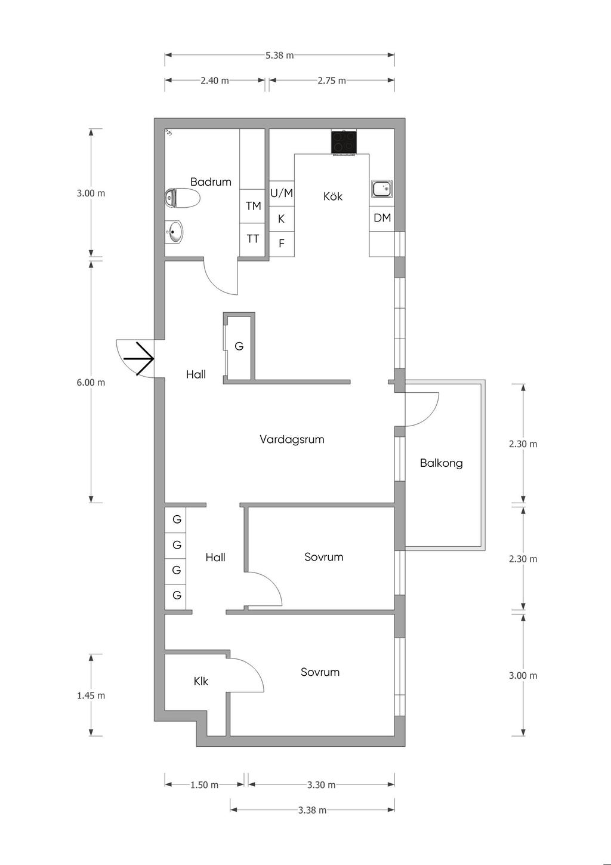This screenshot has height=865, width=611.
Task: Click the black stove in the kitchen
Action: pos(344,142)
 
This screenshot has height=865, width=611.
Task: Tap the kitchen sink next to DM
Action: pos(382,189)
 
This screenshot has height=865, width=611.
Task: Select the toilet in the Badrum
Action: pos(182,198)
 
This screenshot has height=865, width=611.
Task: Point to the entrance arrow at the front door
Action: pos(139,359)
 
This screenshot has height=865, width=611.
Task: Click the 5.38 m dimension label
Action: pos(279,56)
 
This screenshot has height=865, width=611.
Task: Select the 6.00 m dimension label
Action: pos(91,382)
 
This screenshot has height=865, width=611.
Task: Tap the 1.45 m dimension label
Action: pos(91,695)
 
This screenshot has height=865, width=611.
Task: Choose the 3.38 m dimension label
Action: pos(312,809)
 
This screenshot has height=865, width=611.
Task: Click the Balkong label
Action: pos(441,463)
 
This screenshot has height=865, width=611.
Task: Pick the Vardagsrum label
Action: pos(292,439)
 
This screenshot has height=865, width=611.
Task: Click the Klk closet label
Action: pos(200,682)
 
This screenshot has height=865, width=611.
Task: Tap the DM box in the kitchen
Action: pos(382,218)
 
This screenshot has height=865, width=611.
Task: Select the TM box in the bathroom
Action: pos(253,206)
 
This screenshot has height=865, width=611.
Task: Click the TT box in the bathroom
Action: pos(253,239)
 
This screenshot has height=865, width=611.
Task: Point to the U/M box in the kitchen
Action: pos(282,193)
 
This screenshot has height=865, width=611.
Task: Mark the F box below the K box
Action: pos(282,244)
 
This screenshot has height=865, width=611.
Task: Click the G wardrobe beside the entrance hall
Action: pos(239,347)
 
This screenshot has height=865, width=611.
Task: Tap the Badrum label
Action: pos(211,181)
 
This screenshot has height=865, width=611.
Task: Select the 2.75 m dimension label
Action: pos(332,81)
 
